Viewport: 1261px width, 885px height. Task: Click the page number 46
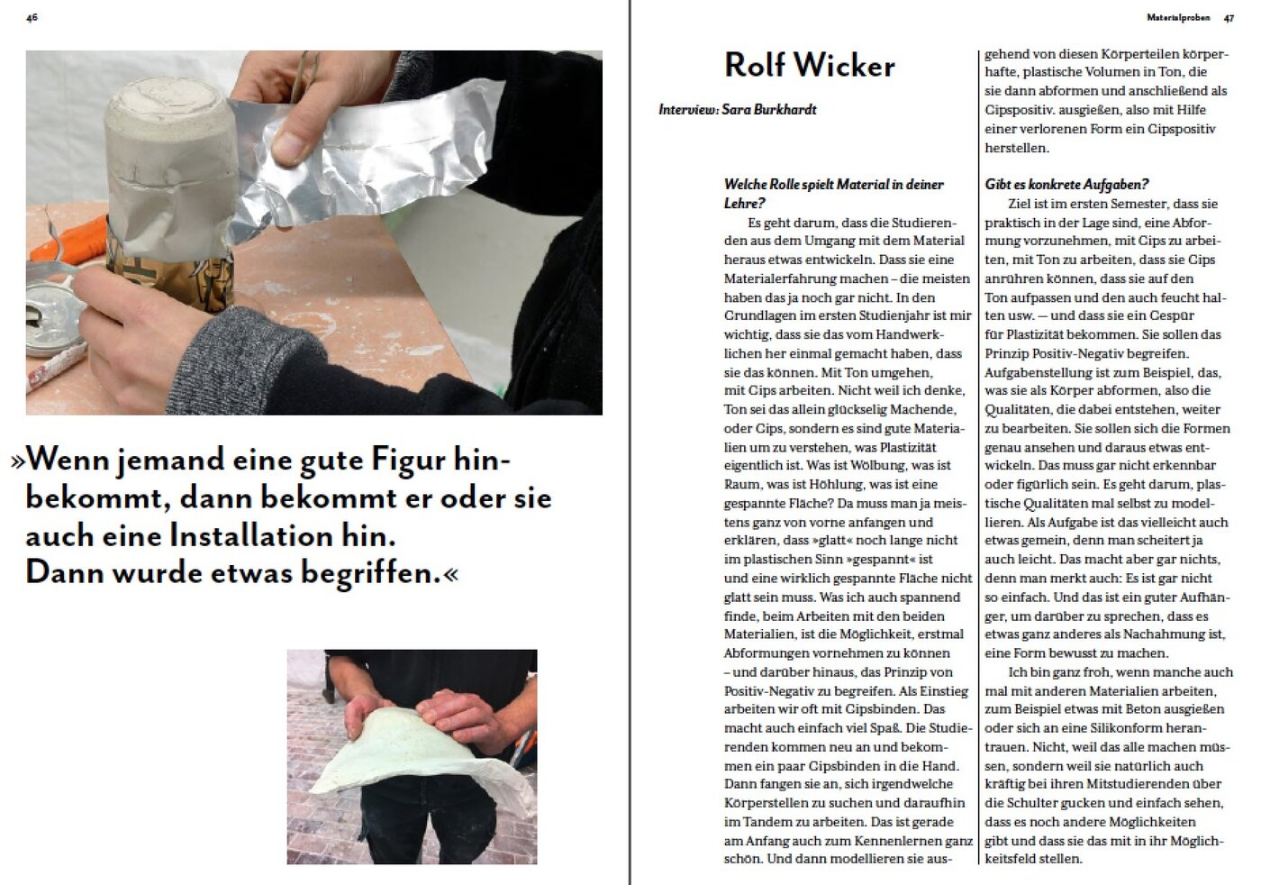[32, 17]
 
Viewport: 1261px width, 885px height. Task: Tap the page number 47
[1229, 18]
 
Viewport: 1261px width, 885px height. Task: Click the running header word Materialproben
[1178, 17]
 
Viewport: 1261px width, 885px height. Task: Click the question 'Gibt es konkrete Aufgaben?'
[1066, 184]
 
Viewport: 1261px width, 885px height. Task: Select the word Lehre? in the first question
[744, 203]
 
